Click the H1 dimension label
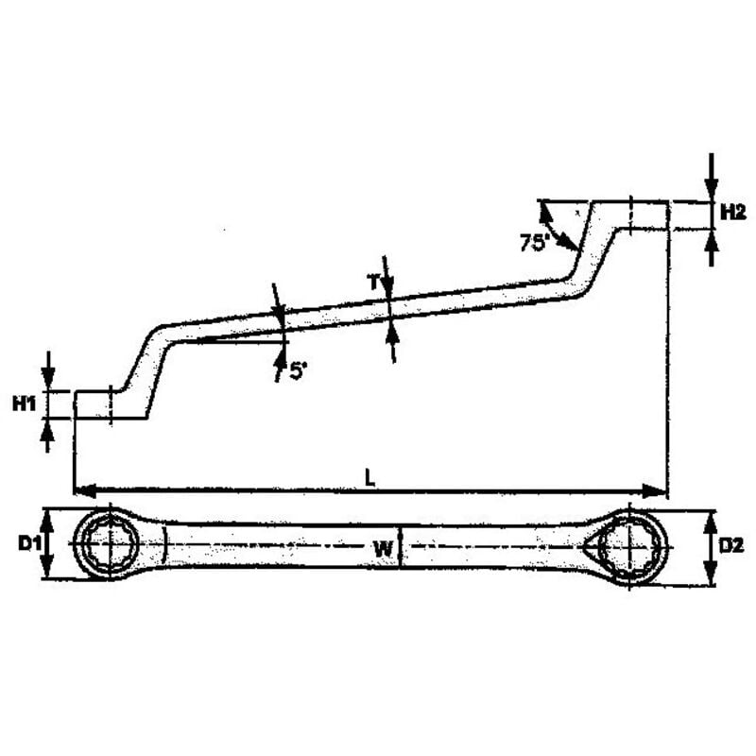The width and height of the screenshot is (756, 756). point(24,404)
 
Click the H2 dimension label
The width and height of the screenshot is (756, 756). point(733,212)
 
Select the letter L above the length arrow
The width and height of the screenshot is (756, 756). point(369,478)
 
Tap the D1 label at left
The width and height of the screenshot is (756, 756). point(29,544)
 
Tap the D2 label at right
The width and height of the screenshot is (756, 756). point(731,546)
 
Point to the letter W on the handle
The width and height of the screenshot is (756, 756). point(384,548)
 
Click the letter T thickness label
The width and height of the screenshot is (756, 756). point(374,282)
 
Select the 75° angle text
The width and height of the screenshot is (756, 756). point(535,242)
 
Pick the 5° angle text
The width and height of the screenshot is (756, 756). point(298,371)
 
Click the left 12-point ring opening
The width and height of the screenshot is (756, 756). point(111,544)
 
